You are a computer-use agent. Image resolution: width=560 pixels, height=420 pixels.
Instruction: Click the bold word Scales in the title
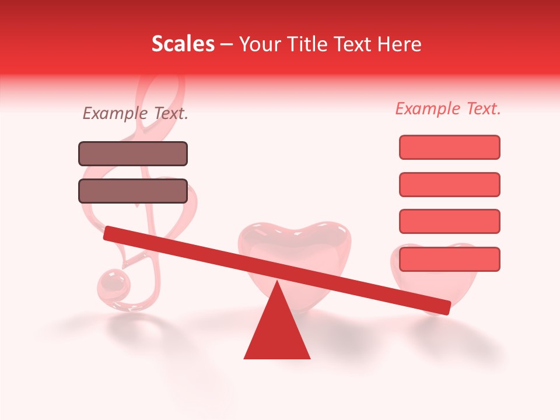(183, 44)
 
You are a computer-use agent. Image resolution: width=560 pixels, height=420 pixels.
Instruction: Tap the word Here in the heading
(400, 44)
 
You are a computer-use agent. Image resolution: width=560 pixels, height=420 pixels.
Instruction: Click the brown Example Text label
(135, 113)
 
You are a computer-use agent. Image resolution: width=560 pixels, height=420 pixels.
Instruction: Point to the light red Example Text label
(448, 108)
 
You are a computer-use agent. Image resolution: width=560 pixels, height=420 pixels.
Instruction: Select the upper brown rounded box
(133, 153)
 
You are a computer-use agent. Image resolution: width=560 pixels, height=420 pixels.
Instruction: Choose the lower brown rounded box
(133, 191)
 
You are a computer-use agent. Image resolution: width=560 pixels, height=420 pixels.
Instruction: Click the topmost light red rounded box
(449, 147)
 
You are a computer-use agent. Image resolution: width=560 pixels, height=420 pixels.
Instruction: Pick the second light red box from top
(449, 184)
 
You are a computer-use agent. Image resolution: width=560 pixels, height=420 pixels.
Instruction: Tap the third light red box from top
(449, 222)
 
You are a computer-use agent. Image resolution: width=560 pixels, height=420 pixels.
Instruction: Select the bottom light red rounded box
(449, 259)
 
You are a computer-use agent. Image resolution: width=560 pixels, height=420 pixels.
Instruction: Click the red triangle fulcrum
(276, 330)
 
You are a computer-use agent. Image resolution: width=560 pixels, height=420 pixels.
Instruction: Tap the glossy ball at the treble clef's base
(113, 285)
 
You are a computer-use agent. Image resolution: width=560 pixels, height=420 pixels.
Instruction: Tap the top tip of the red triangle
(276, 282)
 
